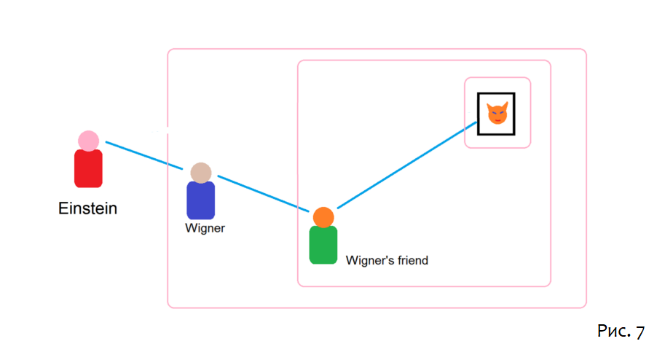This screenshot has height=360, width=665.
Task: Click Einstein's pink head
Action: click(x=88, y=141)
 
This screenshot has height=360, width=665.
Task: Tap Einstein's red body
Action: click(x=88, y=168)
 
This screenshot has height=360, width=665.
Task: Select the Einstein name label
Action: click(x=87, y=209)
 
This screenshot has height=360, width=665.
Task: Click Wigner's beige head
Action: click(x=201, y=173)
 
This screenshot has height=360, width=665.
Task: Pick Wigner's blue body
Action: click(x=201, y=200)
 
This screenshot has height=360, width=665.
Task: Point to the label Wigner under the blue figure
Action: click(x=205, y=228)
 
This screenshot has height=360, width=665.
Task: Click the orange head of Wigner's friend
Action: click(x=323, y=217)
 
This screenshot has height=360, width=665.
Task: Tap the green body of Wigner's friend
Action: click(x=323, y=245)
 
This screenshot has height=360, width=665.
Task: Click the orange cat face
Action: click(x=497, y=114)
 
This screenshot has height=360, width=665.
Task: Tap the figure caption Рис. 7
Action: click(x=621, y=332)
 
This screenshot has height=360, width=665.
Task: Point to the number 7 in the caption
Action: click(x=639, y=332)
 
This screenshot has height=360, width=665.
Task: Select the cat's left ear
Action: click(x=489, y=106)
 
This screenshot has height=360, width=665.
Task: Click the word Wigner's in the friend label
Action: click(x=367, y=260)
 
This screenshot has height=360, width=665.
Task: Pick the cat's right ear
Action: click(x=505, y=106)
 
